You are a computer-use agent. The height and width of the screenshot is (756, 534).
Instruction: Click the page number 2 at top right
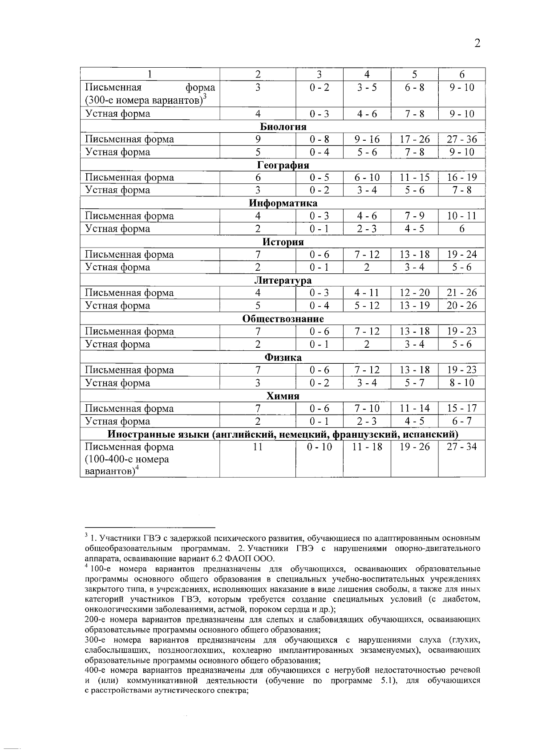tap(477, 43)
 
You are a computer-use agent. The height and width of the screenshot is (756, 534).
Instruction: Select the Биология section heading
tap(283, 126)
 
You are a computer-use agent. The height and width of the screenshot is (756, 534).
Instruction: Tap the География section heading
tap(283, 165)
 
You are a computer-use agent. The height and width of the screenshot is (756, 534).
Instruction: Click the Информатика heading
tap(283, 203)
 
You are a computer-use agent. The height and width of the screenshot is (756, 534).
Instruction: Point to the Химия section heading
tap(283, 396)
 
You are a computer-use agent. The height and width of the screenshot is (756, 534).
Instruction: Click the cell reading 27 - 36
tap(461, 139)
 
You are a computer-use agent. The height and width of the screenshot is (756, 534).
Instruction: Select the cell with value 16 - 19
tap(461, 178)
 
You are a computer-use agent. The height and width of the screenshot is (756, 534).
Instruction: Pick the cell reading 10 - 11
tap(461, 216)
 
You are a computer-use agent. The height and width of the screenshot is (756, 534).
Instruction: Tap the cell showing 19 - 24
tap(461, 255)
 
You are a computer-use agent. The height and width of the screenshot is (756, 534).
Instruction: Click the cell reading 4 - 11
tap(367, 293)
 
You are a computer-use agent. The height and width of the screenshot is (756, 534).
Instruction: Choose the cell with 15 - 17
tap(461, 408)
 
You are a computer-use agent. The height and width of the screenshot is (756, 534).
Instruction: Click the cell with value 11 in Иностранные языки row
tap(258, 447)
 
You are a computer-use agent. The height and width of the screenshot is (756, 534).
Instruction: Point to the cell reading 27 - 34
tap(461, 447)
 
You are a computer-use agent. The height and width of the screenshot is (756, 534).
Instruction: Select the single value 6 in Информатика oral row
tap(461, 229)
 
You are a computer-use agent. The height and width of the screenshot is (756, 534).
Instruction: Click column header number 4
tap(367, 74)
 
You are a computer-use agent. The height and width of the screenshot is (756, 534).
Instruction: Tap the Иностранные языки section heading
tap(283, 434)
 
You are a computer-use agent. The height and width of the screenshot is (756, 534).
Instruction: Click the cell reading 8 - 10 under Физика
tap(461, 383)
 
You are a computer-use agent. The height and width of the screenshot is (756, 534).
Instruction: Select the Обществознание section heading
tap(283, 319)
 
